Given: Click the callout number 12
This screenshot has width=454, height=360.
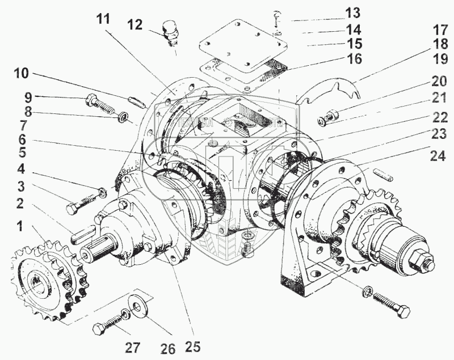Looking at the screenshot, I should point(135,25).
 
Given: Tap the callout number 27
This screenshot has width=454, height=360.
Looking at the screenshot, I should point(132,348).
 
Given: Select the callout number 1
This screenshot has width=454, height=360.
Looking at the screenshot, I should point(20,227).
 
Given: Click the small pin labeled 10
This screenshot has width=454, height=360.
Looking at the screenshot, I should point(138,101).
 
